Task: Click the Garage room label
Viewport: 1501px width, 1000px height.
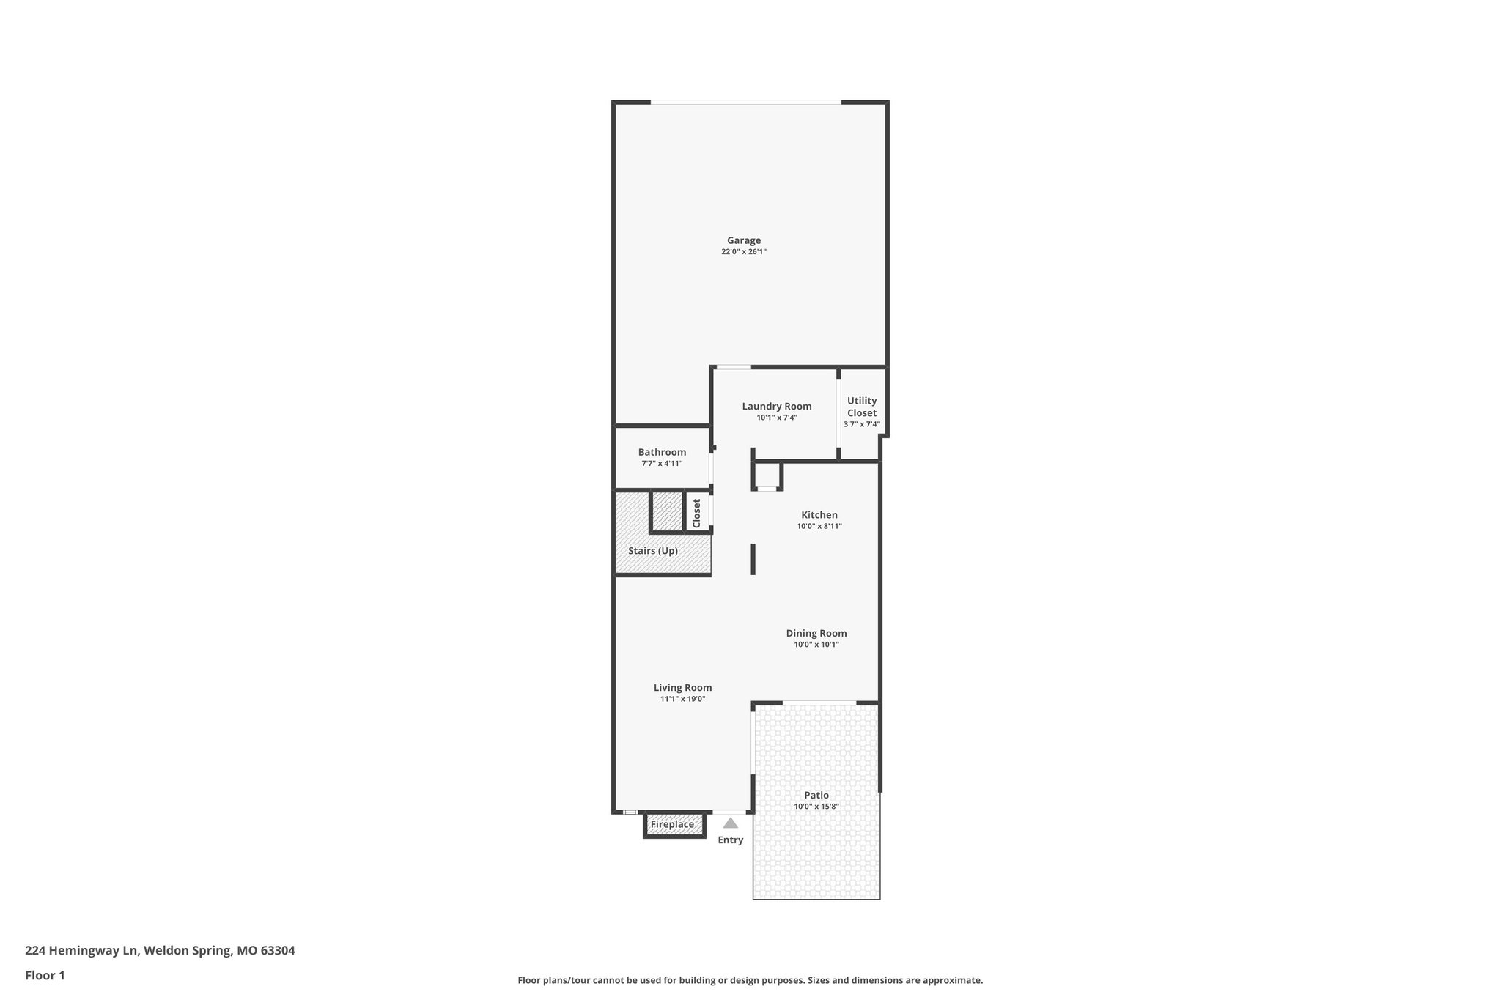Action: (x=743, y=240)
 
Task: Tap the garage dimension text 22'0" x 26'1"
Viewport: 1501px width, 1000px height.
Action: (x=743, y=252)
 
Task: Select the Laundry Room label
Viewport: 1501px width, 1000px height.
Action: (x=776, y=407)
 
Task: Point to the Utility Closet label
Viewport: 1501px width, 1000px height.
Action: (x=861, y=407)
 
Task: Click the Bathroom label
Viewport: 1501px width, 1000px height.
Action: (x=662, y=452)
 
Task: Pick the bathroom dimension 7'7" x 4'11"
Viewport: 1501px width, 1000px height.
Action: (x=662, y=464)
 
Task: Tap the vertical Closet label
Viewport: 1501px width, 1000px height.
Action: (x=696, y=513)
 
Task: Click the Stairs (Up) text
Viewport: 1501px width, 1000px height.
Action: (x=652, y=551)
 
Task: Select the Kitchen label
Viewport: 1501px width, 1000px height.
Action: (x=819, y=515)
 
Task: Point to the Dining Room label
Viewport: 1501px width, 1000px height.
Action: (x=816, y=633)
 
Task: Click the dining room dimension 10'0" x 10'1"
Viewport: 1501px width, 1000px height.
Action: (x=816, y=645)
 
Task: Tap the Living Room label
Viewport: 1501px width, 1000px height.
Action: (x=682, y=687)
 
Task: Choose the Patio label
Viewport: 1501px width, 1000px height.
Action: (x=816, y=795)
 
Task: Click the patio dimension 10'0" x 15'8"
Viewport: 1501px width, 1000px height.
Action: (x=816, y=807)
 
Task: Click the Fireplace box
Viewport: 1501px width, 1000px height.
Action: (x=673, y=825)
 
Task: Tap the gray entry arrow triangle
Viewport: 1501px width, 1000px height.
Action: (x=730, y=823)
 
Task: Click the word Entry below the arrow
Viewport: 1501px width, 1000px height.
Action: (x=730, y=840)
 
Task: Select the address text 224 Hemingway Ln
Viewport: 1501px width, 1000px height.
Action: (x=81, y=951)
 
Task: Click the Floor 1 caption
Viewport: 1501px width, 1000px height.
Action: (x=45, y=976)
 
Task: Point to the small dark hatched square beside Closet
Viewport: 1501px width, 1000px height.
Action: (x=667, y=511)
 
